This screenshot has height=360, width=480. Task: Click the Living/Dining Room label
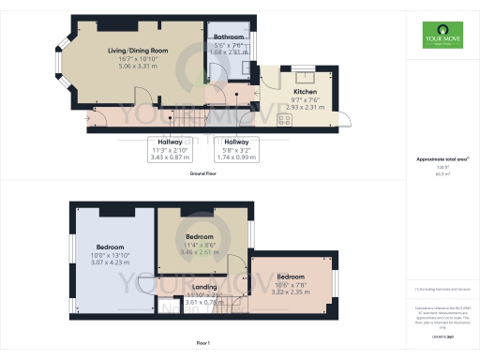click(138, 51)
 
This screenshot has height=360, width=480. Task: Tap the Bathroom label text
click(230, 37)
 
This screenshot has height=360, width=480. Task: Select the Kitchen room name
click(306, 92)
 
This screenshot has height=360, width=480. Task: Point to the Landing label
click(204, 287)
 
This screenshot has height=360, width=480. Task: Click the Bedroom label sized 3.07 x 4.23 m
click(111, 247)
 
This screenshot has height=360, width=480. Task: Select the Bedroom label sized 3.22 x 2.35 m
click(291, 277)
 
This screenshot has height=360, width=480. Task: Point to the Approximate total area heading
click(441, 159)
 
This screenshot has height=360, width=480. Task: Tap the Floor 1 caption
click(203, 344)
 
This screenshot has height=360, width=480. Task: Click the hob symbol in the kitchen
click(271, 120)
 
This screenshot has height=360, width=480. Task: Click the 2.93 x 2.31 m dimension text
click(306, 108)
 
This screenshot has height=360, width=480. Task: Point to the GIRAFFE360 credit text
click(441, 335)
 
